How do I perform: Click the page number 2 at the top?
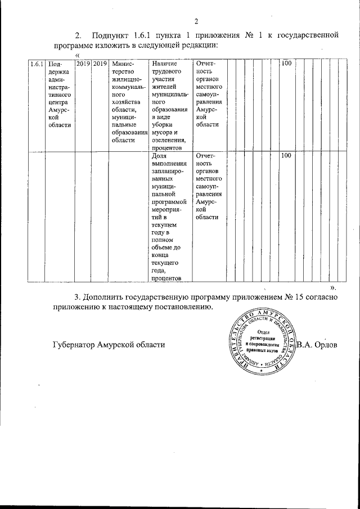[x=197, y=22]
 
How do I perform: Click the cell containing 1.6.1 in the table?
[x=37, y=65]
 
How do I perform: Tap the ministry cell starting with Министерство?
[x=129, y=102]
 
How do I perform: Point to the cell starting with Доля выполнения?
[x=170, y=217]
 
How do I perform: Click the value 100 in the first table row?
[x=286, y=65]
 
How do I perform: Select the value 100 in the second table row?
[x=286, y=156]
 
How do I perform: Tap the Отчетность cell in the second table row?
[x=210, y=186]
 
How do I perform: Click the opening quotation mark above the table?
[x=77, y=54]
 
